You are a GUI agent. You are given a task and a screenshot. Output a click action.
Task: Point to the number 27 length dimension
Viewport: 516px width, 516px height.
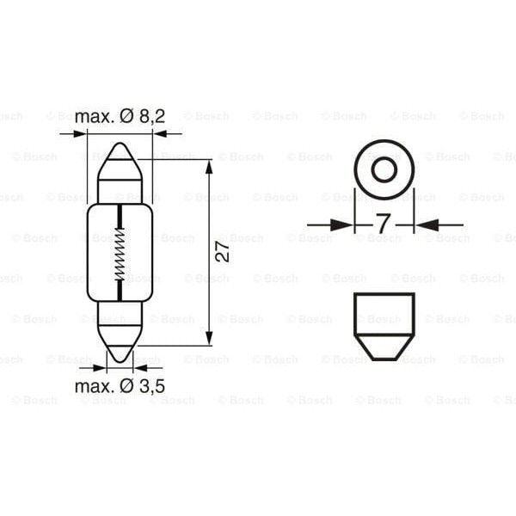(223, 252)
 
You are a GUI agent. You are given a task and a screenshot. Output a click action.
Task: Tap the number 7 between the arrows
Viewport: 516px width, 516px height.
(384, 225)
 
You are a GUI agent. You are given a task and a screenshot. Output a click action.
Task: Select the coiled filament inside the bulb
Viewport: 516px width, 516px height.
(120, 249)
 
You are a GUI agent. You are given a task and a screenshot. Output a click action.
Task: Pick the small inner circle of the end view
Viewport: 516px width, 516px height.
(384, 169)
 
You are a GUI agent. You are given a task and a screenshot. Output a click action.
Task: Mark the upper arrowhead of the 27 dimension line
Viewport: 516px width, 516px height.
(209, 166)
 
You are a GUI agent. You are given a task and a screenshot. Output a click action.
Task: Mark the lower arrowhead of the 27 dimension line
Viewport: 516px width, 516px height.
(209, 338)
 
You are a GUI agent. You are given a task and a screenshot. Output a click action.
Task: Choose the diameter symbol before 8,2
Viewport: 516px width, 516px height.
(125, 116)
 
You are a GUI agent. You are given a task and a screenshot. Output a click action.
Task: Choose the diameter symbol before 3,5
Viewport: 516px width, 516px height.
(125, 386)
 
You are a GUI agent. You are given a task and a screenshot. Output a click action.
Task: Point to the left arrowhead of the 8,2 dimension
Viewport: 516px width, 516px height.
(80, 133)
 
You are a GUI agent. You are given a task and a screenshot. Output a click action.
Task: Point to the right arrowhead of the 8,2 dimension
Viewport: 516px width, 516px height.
(161, 133)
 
